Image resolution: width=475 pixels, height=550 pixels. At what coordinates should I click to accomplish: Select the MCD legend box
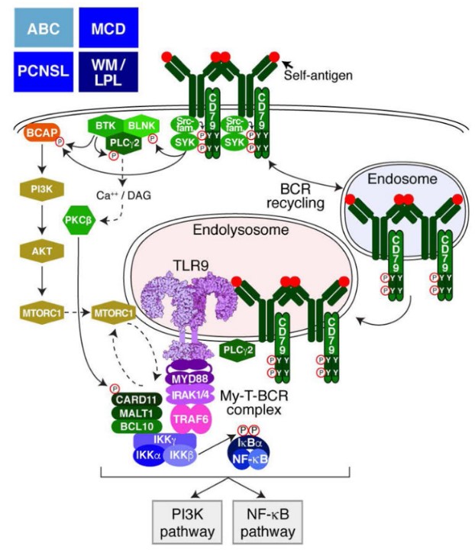(x=108, y=27)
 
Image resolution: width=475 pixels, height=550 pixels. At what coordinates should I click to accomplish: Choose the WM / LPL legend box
(x=108, y=71)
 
